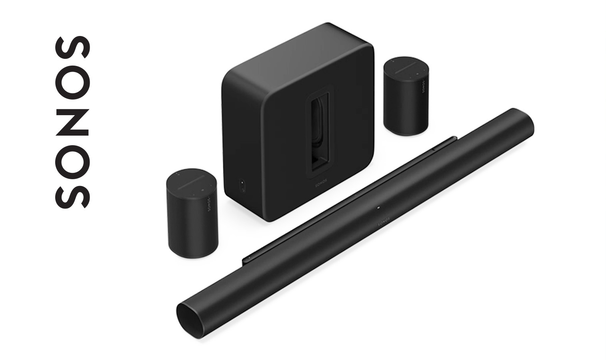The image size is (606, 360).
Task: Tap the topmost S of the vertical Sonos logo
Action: (x=72, y=47)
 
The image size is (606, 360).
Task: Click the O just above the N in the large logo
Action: (x=72, y=82)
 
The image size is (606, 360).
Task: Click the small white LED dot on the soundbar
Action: (x=378, y=208)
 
